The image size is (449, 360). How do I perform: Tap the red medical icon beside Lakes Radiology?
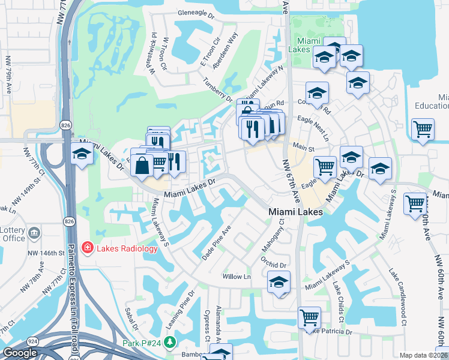point(88,248)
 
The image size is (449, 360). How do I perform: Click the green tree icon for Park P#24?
point(170,342)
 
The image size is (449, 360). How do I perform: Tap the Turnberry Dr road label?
point(217,89)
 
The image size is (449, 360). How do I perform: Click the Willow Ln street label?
point(237,277)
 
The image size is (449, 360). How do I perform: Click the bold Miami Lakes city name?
point(295,212)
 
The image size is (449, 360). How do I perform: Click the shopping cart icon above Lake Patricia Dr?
point(309,316)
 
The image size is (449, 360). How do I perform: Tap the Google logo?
point(20,353)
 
